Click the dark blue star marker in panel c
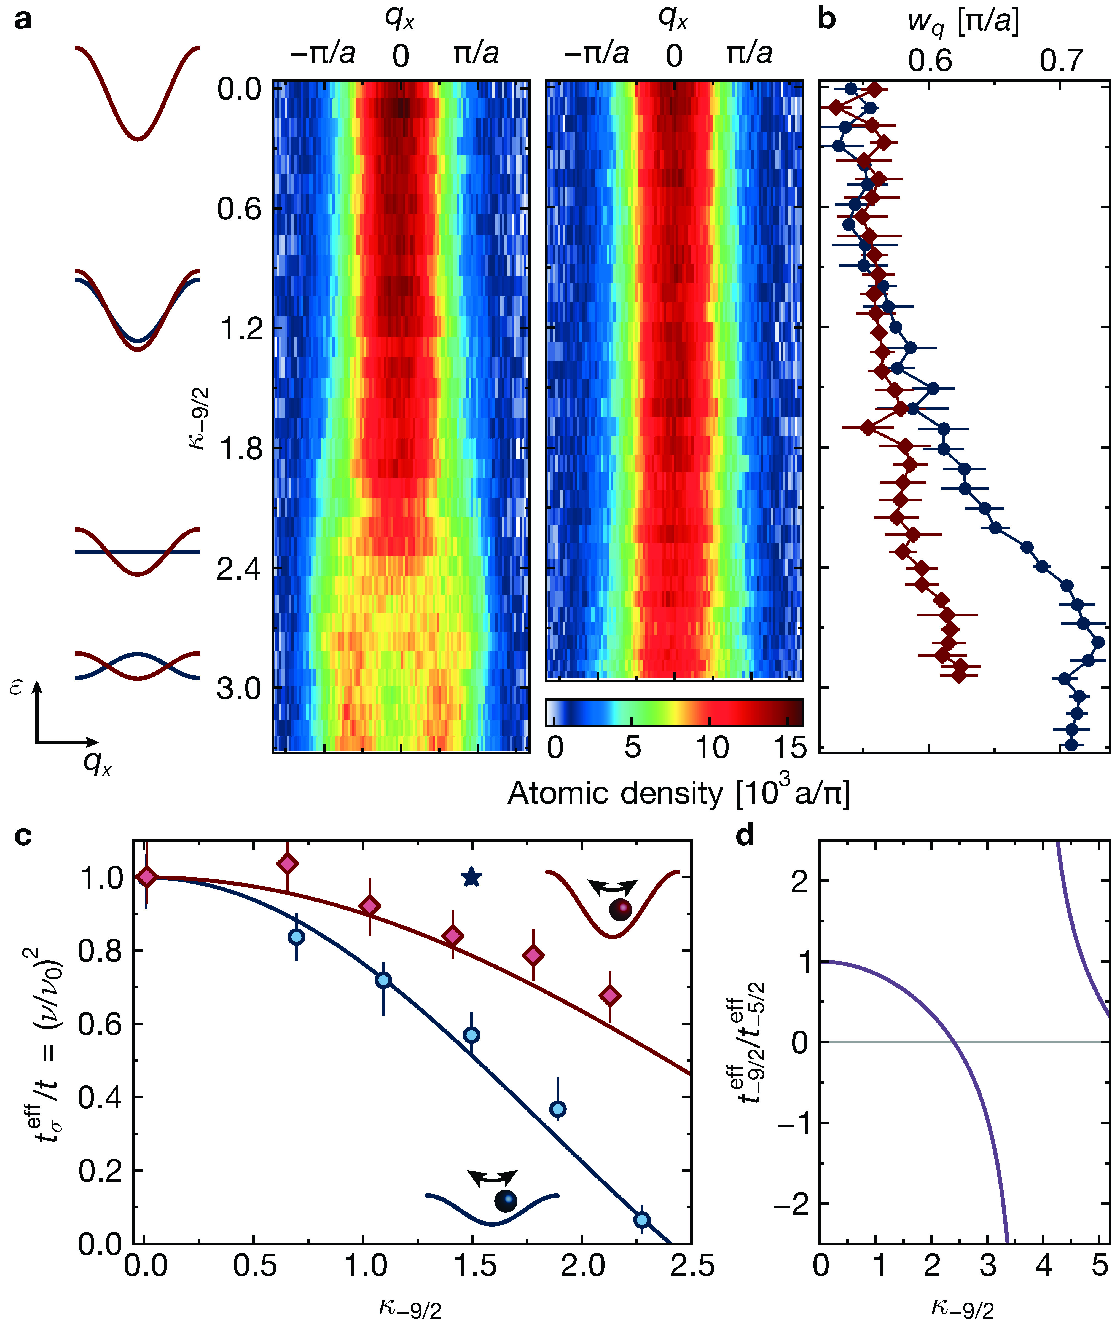tap(471, 877)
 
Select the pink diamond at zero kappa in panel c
tap(147, 877)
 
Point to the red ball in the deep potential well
tap(619, 910)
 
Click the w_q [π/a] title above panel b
tap(963, 22)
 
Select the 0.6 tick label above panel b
tap(930, 61)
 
